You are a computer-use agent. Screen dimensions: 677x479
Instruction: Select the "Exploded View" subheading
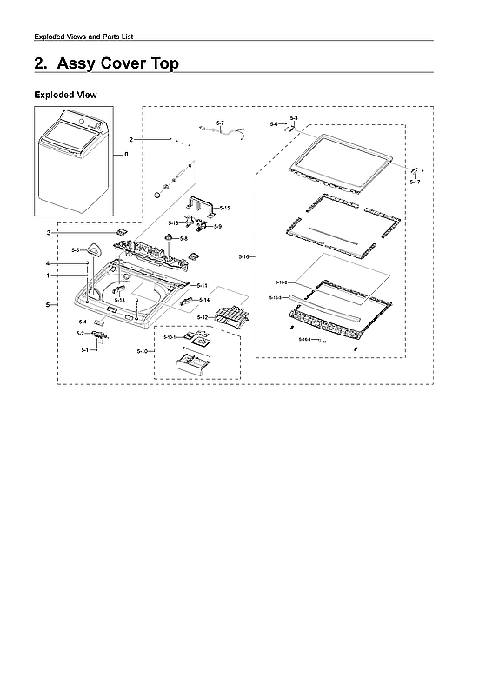tap(64, 94)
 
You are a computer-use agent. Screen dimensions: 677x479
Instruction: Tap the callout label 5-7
tap(220, 123)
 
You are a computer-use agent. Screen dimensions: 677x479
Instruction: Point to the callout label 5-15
tap(224, 208)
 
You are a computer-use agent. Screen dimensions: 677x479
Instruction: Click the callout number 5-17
tap(415, 183)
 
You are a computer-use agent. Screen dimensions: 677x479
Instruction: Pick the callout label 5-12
tap(202, 318)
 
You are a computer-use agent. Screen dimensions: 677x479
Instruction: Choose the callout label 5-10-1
tap(169, 336)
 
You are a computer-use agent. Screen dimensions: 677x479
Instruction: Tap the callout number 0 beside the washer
tap(125, 154)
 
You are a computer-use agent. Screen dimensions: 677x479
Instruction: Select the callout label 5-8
tap(184, 238)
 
